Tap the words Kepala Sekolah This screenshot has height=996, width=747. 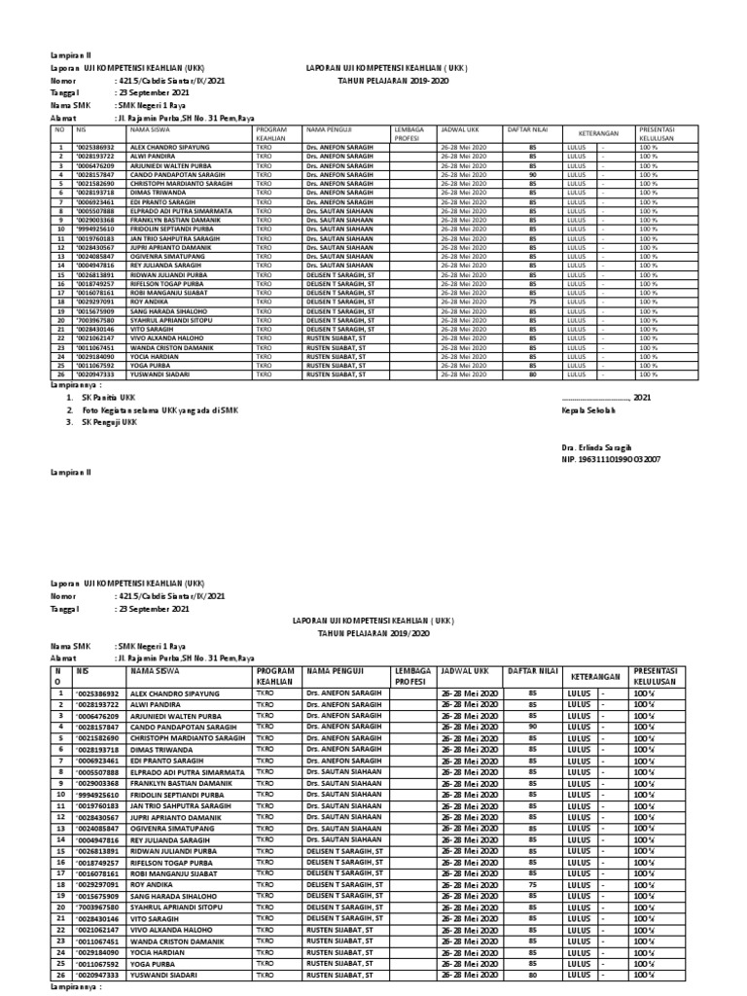(x=589, y=410)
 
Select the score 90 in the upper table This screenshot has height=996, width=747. (x=532, y=175)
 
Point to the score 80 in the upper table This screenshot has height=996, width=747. (x=532, y=373)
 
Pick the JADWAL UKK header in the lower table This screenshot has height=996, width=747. (x=464, y=671)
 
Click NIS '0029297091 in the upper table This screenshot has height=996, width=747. (x=95, y=302)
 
